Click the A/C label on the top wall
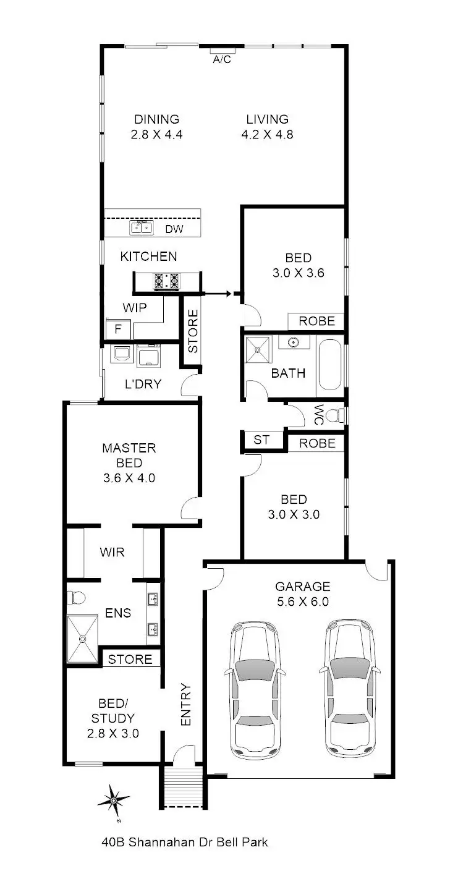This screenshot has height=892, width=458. pyautogui.click(x=222, y=59)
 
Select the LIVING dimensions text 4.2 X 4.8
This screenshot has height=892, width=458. pyautogui.click(x=267, y=134)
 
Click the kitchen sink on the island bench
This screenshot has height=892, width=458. pyautogui.click(x=141, y=229)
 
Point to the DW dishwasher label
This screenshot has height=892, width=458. pyautogui.click(x=174, y=229)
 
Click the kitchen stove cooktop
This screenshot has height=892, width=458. pyautogui.click(x=166, y=281)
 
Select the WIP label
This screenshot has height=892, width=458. pyautogui.click(x=134, y=307)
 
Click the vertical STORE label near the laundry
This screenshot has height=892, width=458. pyautogui.click(x=193, y=331)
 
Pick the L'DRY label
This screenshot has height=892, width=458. pyautogui.click(x=143, y=384)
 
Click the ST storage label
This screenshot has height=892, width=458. pyautogui.click(x=261, y=440)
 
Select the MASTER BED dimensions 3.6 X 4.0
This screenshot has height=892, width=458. pyautogui.click(x=129, y=477)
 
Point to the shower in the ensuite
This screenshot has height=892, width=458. pyautogui.click(x=82, y=639)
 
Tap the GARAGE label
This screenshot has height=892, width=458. pyautogui.click(x=303, y=586)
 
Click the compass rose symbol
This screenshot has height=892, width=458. pyautogui.click(x=114, y=801)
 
